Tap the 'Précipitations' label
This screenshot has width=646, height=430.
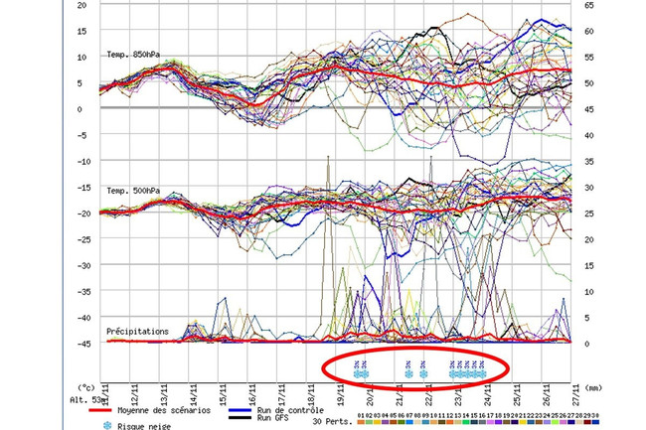(x=137, y=331)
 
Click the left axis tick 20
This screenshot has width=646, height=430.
(x=81, y=5)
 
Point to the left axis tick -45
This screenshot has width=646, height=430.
(x=80, y=344)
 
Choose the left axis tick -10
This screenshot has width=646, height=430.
(x=80, y=161)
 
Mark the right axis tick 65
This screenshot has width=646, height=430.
(x=590, y=5)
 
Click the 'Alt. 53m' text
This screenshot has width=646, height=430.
(x=87, y=399)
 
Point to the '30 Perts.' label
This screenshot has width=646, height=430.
(x=334, y=422)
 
